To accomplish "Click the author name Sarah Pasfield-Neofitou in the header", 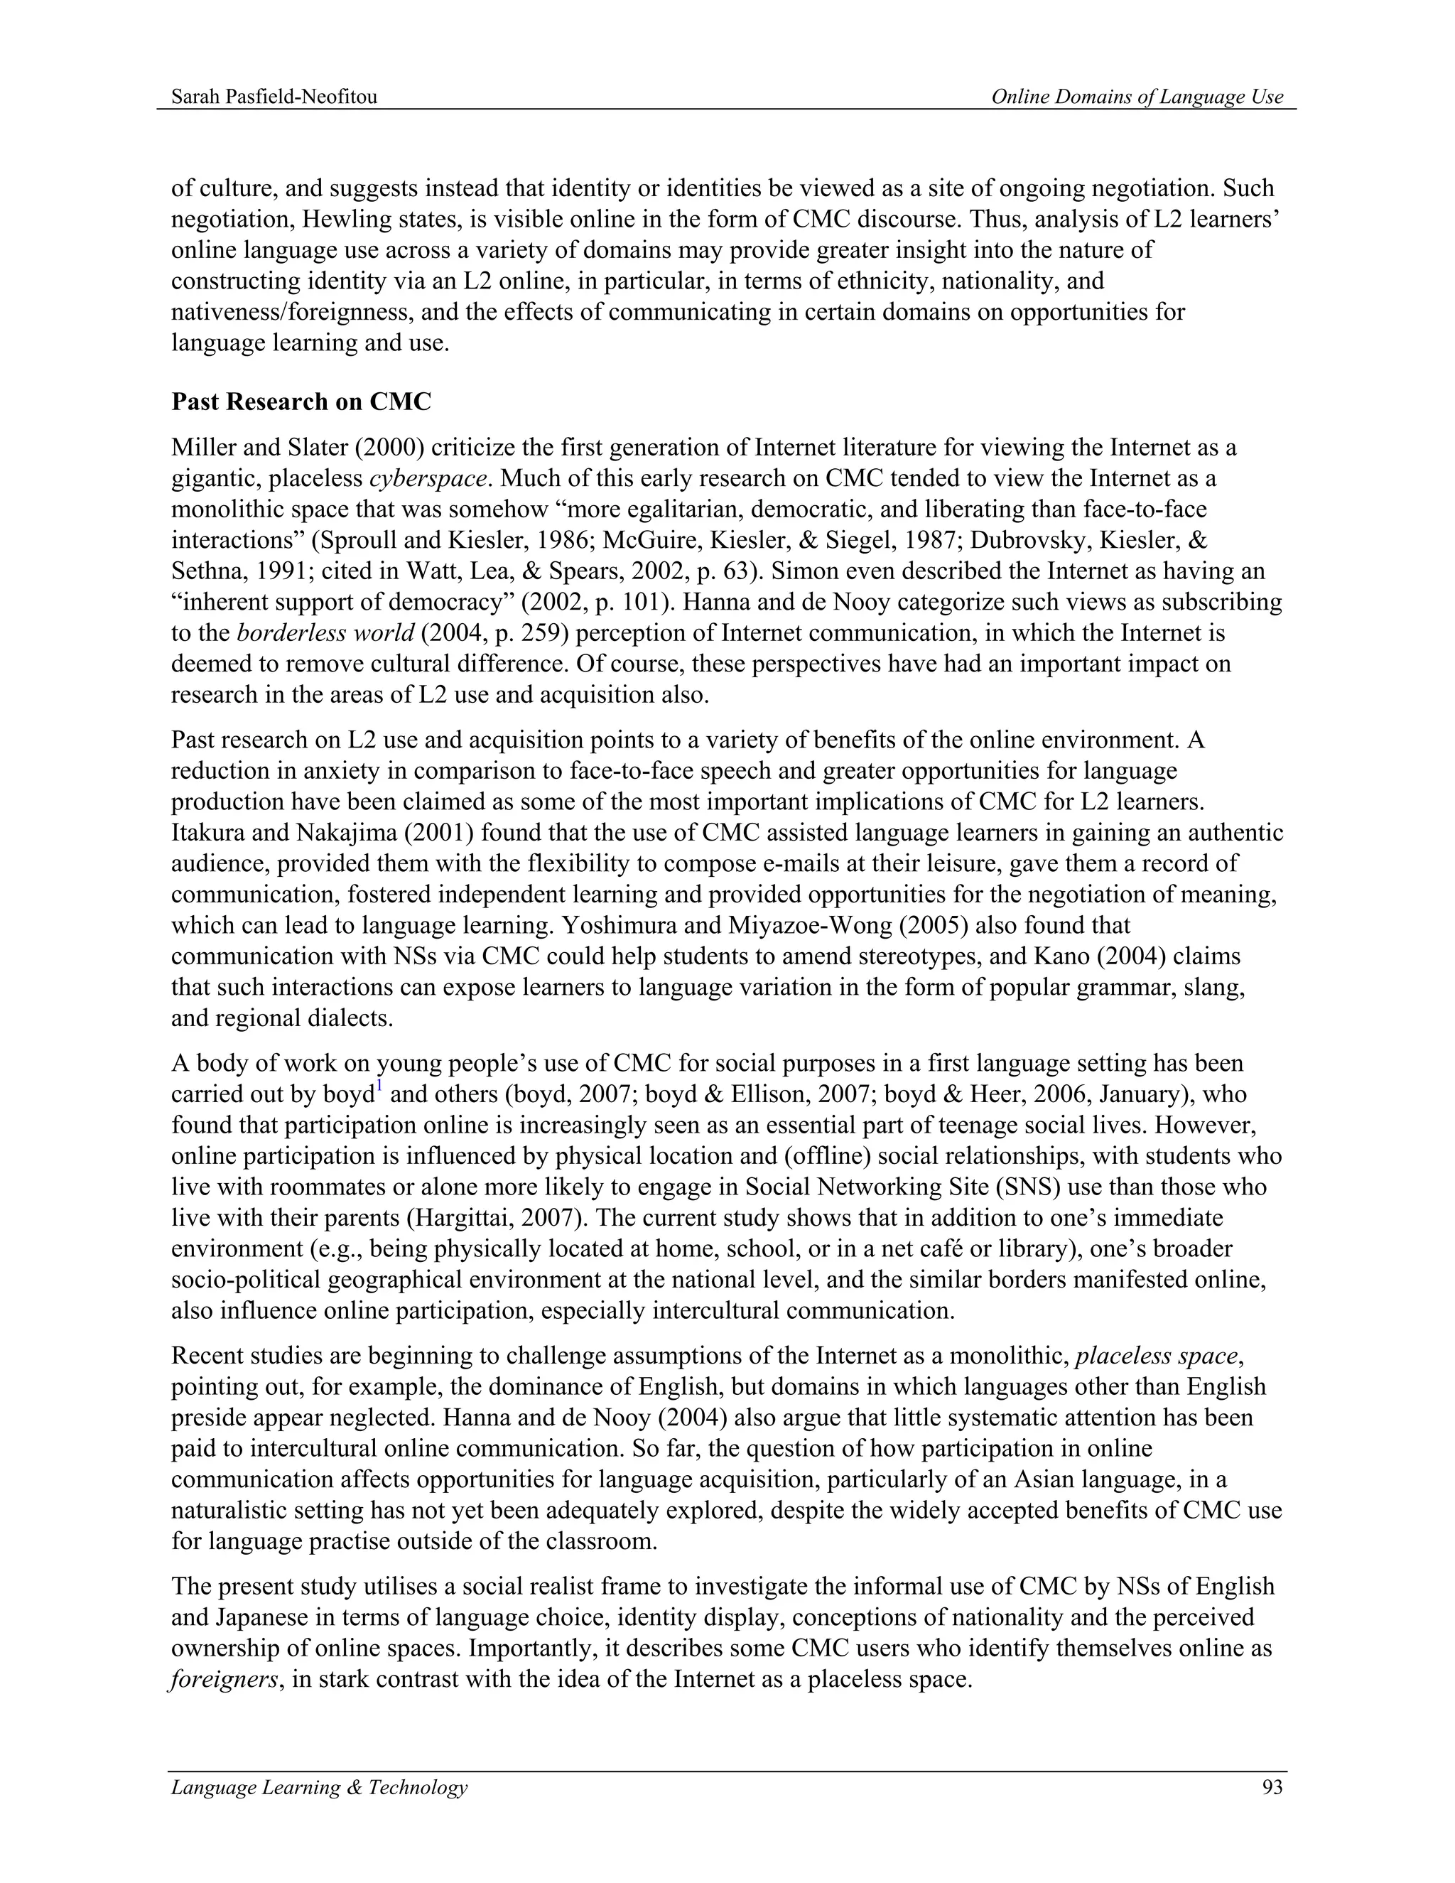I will click(274, 97).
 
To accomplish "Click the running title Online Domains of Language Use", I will click(1136, 97).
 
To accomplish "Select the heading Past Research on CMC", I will click(301, 401).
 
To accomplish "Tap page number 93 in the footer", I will click(1272, 1787).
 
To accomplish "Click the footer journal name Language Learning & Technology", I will click(319, 1787).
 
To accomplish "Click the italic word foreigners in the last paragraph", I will click(222, 1680).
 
